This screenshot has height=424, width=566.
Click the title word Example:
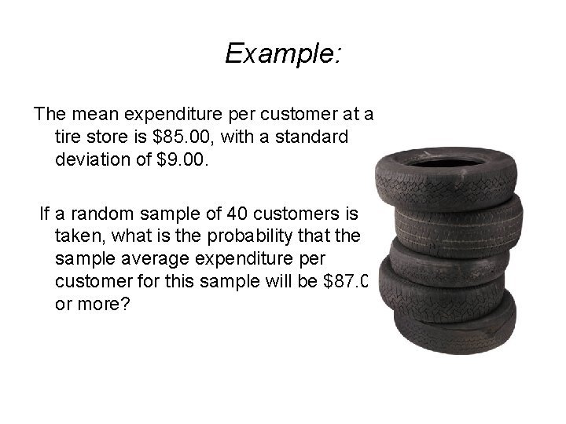(x=282, y=53)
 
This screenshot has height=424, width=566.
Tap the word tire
(x=70, y=137)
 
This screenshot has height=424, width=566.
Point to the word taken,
(x=82, y=236)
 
